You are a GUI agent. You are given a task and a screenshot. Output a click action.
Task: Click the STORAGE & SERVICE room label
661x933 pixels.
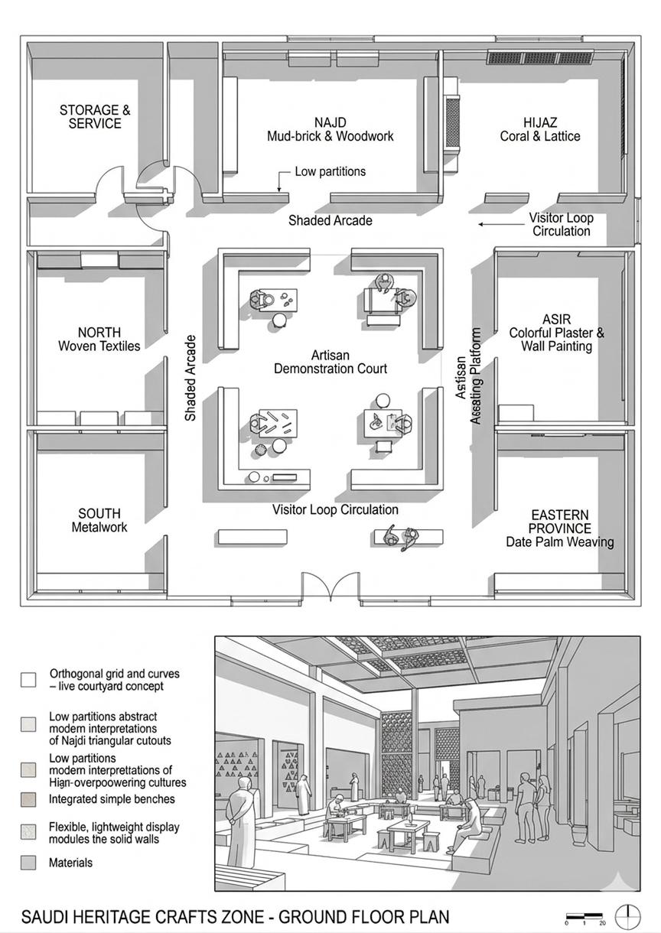[x=95, y=117]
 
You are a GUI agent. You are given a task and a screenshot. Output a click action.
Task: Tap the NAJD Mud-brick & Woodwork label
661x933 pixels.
[x=330, y=130]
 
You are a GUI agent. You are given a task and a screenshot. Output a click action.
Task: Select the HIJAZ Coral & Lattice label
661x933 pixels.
[x=540, y=130]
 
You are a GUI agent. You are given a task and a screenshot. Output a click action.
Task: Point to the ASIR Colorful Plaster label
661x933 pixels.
[x=556, y=333]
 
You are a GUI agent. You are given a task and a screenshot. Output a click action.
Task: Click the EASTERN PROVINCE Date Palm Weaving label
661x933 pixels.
[x=559, y=528]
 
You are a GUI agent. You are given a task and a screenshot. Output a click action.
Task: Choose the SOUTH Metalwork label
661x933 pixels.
[x=99, y=520]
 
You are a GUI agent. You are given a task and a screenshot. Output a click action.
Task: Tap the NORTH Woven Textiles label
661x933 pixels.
[x=99, y=340]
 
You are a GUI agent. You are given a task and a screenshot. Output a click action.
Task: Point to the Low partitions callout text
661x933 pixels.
[x=330, y=171]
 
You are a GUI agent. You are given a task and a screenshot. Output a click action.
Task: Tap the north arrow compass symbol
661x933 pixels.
[x=628, y=915]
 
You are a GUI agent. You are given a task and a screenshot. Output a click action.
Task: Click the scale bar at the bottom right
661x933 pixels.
[x=585, y=915]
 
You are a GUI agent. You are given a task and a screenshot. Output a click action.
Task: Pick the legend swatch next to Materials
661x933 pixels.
[x=28, y=863]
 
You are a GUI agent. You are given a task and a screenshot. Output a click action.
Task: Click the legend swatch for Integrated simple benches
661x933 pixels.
[x=28, y=800]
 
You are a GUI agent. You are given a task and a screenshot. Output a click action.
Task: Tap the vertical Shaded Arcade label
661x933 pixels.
[x=190, y=378]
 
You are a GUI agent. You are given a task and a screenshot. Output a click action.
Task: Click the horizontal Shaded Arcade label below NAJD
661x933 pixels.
[x=330, y=221]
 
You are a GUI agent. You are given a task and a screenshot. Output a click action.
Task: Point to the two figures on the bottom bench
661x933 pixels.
[x=402, y=536]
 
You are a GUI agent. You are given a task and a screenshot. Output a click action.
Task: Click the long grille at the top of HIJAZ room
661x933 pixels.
[x=540, y=57]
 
